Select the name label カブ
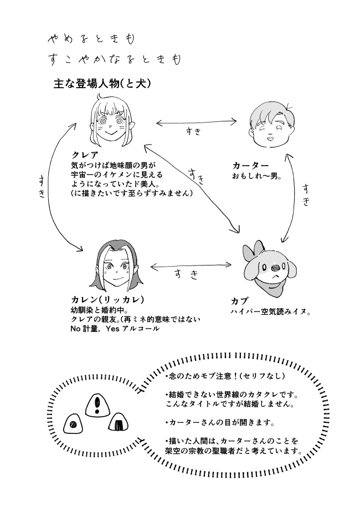pos(239,301)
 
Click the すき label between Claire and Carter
pos(193,131)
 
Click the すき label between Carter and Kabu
pos(306,195)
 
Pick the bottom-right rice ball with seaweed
pos(119,425)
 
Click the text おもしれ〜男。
pos(257,177)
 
